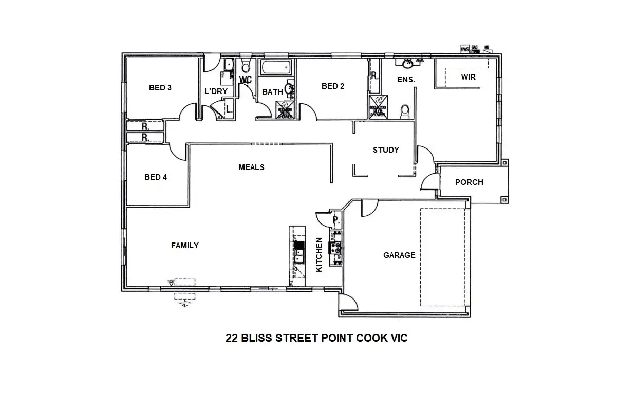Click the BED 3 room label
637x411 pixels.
tap(160, 88)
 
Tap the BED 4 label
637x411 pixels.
tap(156, 177)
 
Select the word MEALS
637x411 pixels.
tap(251, 167)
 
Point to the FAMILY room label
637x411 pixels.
tap(185, 246)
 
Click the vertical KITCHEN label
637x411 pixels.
tap(319, 254)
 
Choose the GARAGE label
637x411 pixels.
tap(399, 255)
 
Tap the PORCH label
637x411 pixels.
tap(469, 182)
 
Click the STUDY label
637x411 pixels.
tap(386, 150)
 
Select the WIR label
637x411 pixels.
tap(468, 78)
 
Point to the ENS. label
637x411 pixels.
tap(406, 80)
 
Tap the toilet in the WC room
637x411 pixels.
tap(246, 67)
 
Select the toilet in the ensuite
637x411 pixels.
tap(405, 110)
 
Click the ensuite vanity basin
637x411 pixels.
tap(408, 64)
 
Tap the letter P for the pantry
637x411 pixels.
tap(335, 220)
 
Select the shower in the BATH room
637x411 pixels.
tap(286, 112)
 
